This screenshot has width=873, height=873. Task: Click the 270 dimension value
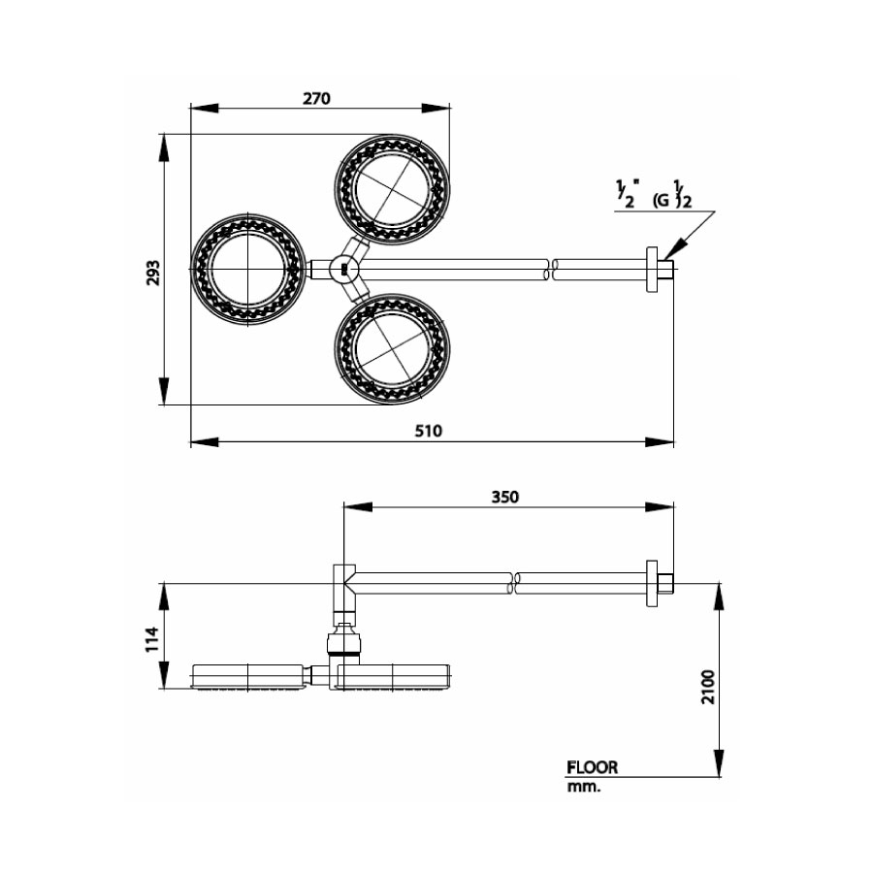316,98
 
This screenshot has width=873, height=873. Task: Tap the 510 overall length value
428,432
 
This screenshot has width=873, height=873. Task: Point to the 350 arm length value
504,496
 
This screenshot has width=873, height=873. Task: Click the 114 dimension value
151,638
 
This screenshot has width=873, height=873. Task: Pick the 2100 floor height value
707,688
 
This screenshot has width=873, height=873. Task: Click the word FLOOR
592,767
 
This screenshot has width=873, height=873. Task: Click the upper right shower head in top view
392,189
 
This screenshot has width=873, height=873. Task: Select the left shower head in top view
249,268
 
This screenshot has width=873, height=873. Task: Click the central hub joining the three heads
341,269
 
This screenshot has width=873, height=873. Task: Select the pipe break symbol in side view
514,583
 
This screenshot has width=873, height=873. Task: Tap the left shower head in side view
249,676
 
